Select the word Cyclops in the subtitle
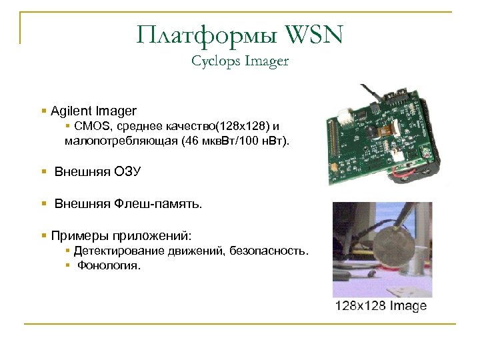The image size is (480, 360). tap(213, 61)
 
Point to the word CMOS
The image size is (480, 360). tap(89, 126)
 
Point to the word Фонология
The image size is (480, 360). tap(109, 266)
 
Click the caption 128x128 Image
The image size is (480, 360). tap(381, 306)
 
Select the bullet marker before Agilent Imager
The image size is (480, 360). tap(43, 110)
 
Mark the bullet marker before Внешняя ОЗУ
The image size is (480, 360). tap(43, 172)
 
